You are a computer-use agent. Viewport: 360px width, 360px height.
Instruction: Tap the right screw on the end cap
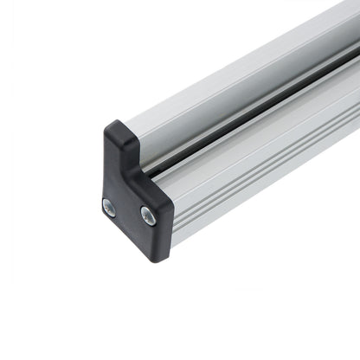(x=148, y=216)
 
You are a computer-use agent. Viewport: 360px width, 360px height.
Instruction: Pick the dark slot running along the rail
(x=260, y=120)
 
